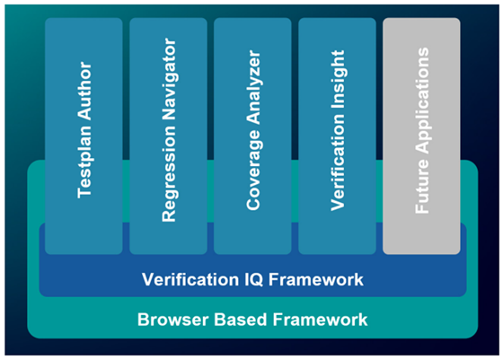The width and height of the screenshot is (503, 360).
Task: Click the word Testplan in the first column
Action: [x=85, y=162]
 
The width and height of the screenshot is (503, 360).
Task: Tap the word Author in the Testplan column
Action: [x=84, y=91]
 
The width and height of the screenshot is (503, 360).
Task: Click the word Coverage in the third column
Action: [x=253, y=171]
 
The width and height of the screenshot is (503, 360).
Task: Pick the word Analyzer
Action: [x=253, y=87]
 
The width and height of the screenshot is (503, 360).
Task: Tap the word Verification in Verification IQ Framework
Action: [x=190, y=279]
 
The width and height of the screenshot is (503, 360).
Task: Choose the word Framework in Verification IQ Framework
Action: [x=315, y=279]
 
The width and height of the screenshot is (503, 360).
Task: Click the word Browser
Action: [x=173, y=320]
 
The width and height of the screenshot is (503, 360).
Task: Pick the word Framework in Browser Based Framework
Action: [x=320, y=320]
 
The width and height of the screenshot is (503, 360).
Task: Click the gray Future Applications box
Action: [x=421, y=136]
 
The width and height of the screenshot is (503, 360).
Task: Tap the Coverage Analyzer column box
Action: [x=252, y=136]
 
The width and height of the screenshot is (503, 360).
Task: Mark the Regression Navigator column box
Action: [x=168, y=136]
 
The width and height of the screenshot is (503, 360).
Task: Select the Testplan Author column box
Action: [x=84, y=136]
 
